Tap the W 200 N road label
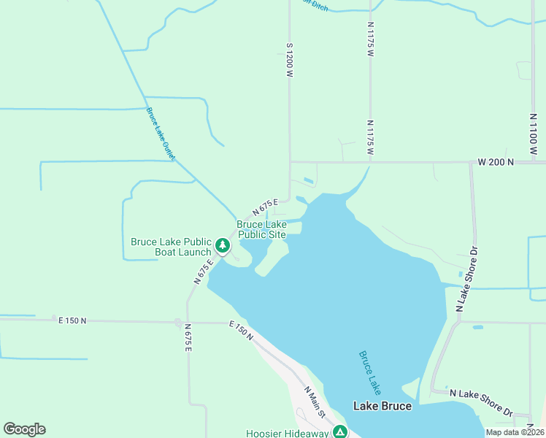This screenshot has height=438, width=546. pyautogui.click(x=496, y=161)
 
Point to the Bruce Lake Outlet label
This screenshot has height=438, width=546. pyautogui.click(x=161, y=134)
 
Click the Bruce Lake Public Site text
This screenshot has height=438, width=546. pyautogui.click(x=261, y=229)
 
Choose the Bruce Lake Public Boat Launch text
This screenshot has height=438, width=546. pyautogui.click(x=171, y=247)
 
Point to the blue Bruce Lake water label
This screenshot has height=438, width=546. pyautogui.click(x=370, y=372)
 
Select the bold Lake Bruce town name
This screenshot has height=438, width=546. pyautogui.click(x=382, y=406)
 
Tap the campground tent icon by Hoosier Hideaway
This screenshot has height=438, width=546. pyautogui.click(x=339, y=432)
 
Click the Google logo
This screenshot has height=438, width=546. pyautogui.click(x=24, y=429)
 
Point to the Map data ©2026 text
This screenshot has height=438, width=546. pyautogui.click(x=515, y=432)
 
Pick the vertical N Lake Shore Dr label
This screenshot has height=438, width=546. pyautogui.click(x=468, y=279)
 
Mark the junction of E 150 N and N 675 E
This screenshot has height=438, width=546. pyautogui.click(x=178, y=322)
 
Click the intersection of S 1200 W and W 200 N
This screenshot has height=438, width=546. pyautogui.click(x=290, y=161)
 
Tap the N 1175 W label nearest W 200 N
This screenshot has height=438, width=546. pyautogui.click(x=370, y=138)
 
